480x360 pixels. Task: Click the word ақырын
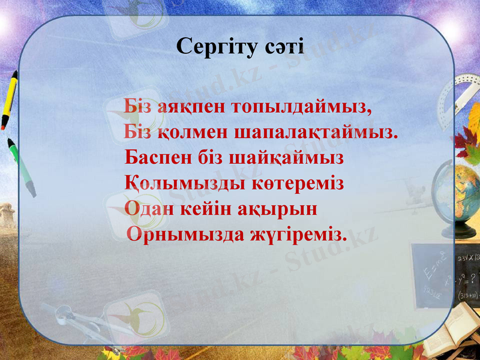tap(282, 208)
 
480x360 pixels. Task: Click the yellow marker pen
tap(9, 100)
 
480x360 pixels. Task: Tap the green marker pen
tap(21, 167)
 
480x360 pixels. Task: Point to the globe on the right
tap(465, 192)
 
